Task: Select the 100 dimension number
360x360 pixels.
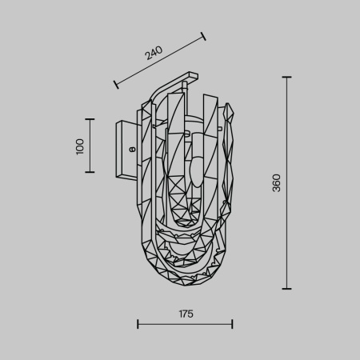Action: [80, 146]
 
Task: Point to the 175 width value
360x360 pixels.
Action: [185, 314]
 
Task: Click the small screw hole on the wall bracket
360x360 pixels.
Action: [131, 147]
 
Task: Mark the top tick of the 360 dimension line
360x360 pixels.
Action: [286, 77]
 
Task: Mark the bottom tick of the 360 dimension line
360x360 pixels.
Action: [286, 289]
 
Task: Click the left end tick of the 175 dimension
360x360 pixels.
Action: [138, 324]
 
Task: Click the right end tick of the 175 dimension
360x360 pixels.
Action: [232, 324]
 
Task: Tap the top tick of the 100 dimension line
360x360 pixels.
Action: [90, 120]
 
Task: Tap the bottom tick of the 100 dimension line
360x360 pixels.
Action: [90, 172]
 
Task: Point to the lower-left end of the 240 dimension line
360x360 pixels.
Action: [116, 82]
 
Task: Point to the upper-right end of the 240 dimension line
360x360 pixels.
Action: [203, 35]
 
